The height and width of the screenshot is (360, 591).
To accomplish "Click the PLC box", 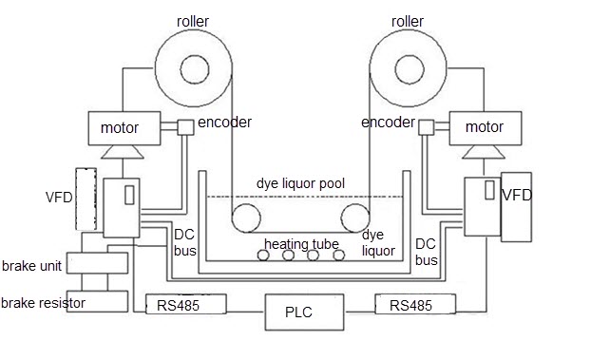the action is (x=305, y=313).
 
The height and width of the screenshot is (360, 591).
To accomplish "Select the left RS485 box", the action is (x=186, y=304).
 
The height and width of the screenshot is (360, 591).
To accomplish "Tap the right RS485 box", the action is (x=415, y=304).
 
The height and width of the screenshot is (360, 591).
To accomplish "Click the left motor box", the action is (x=124, y=128).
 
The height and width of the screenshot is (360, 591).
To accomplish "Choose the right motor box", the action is (x=486, y=128).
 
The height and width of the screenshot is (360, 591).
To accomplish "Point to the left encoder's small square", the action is (x=185, y=127).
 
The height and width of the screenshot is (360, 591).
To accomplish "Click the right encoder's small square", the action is (x=427, y=127).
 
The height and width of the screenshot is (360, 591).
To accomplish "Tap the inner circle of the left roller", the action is (x=195, y=69).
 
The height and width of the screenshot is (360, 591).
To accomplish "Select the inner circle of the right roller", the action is (x=410, y=69).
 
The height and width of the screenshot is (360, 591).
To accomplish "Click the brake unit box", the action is (x=97, y=263).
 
